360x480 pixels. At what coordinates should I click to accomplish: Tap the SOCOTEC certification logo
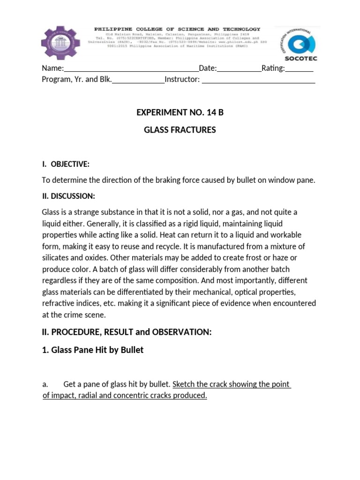[x=297, y=43]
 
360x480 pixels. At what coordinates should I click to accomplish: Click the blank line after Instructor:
[x=258, y=80]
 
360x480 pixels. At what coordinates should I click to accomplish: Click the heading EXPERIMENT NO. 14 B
[x=180, y=112]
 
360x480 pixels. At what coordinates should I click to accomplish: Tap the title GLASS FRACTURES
[x=180, y=130]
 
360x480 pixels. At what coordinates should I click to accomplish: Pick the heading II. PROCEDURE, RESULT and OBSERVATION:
[x=127, y=332]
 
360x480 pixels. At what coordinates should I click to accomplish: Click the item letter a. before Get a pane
[x=45, y=384]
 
